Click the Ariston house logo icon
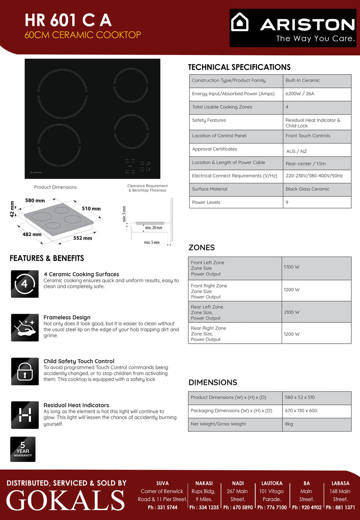coord(240,22)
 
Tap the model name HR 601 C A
coord(68,20)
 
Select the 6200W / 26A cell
coord(300,94)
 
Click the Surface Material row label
coord(210,189)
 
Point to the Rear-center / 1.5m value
coord(305,164)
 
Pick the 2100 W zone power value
coord(292,312)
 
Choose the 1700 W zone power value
coord(292,267)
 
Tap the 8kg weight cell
coord(289,424)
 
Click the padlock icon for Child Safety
coord(25,371)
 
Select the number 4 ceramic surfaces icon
coord(25,284)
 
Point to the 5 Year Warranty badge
coord(23,449)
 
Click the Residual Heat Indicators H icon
coord(25,415)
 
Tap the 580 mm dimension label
coord(35,201)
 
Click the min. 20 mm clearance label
coord(153,227)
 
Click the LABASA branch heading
coord(341,483)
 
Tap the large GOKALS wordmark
coord(65,500)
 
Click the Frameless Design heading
coord(67,317)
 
